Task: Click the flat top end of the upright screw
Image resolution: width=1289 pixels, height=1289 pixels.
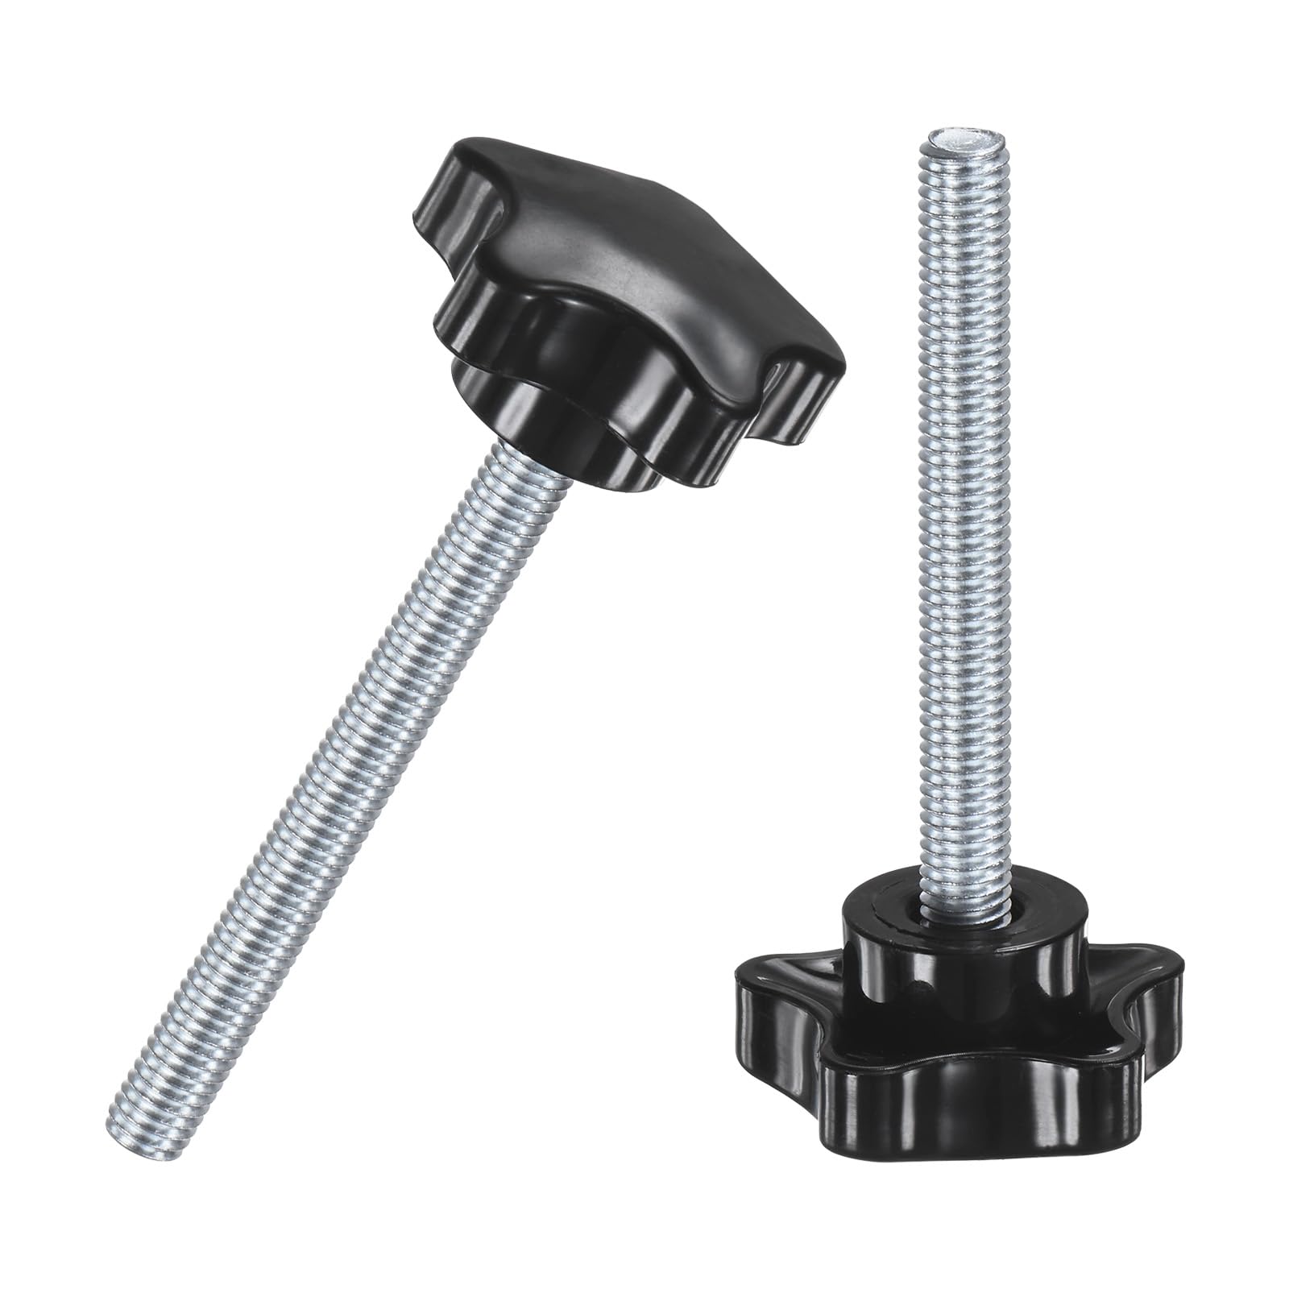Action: (x=960, y=141)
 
